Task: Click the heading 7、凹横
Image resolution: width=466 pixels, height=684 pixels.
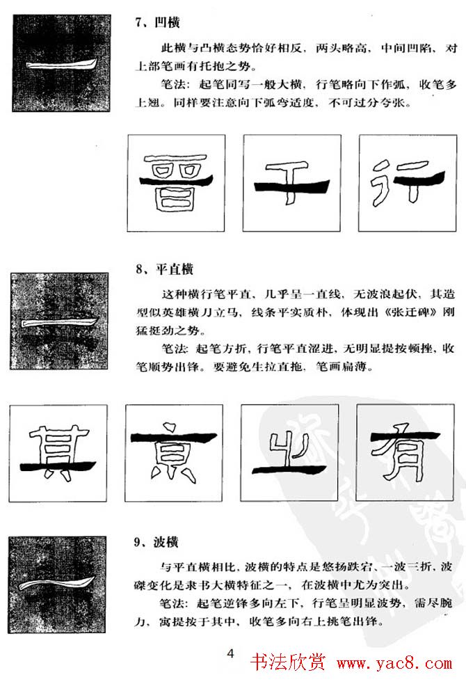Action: [x=157, y=22]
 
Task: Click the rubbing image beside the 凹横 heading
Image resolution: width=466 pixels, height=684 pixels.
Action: [x=61, y=64]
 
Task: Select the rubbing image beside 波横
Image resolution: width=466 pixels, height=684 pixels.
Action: [x=59, y=581]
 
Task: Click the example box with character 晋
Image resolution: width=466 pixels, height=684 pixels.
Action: [x=176, y=182]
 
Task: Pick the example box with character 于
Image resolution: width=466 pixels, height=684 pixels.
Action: [x=291, y=182]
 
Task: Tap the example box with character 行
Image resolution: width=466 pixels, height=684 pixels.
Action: [x=407, y=182]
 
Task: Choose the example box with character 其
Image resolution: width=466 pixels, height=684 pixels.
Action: [x=59, y=452]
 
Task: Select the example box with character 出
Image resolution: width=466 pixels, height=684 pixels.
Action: [x=291, y=452]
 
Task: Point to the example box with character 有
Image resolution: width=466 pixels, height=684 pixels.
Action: [x=405, y=452]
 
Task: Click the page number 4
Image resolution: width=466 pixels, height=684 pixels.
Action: [x=232, y=653]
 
